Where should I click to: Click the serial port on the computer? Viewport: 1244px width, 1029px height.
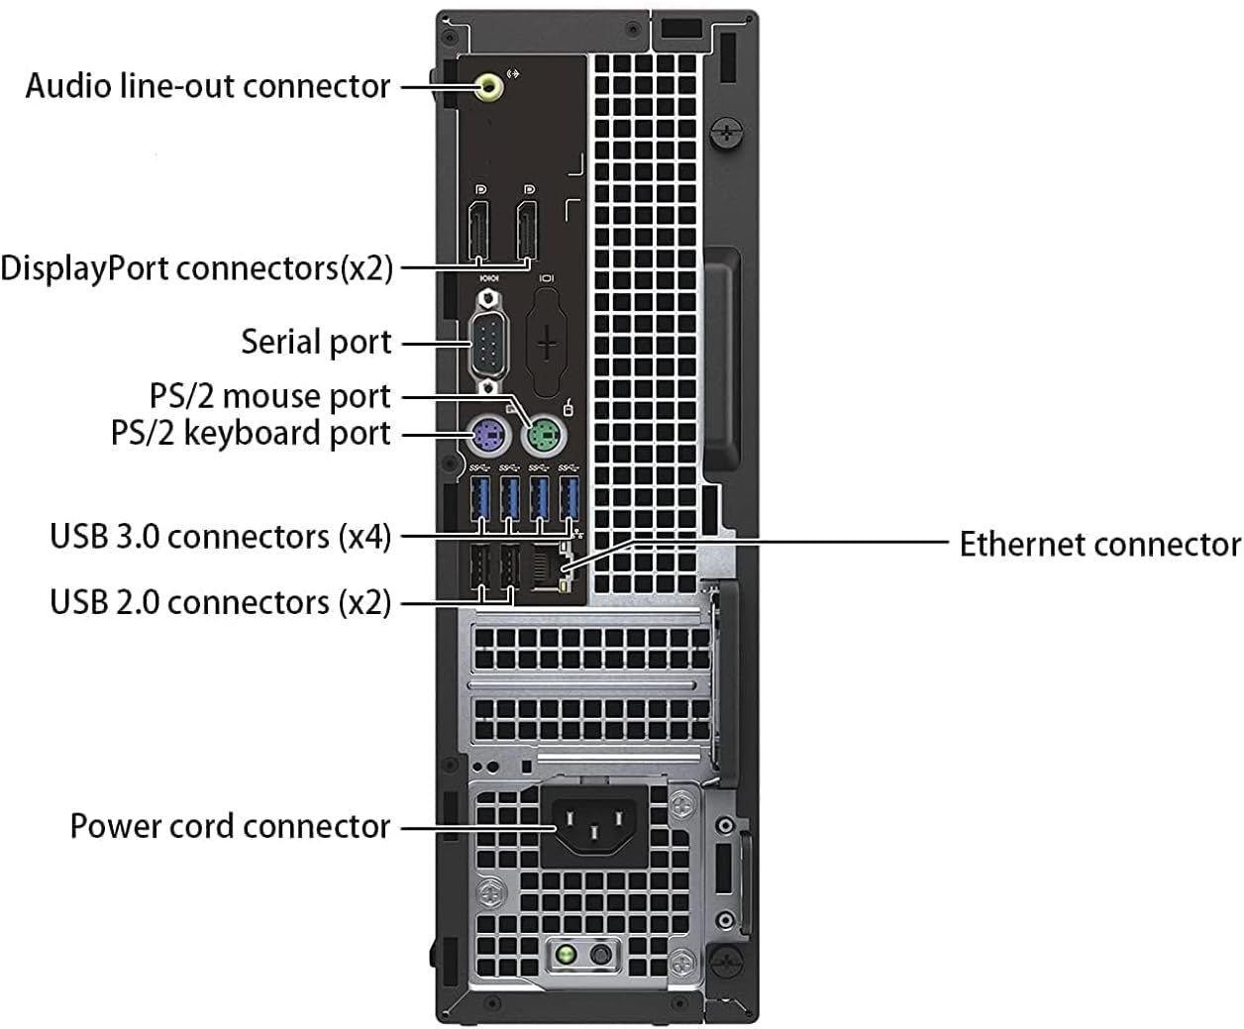click(x=488, y=342)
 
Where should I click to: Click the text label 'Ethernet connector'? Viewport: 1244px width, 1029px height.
click(x=1098, y=544)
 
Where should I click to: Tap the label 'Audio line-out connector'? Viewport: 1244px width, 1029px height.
click(x=208, y=86)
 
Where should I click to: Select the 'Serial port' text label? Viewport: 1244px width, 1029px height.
click(x=317, y=342)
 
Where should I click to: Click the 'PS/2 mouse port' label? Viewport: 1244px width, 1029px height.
click(x=270, y=396)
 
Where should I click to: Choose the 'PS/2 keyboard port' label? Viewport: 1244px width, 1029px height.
click(x=252, y=434)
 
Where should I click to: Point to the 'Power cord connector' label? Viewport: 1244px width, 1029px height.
click(x=230, y=826)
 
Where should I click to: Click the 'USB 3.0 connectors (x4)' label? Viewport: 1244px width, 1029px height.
click(x=221, y=537)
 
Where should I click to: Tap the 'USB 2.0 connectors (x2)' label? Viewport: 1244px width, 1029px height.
click(x=221, y=602)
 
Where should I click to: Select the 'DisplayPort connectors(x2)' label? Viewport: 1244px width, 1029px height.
click(x=197, y=267)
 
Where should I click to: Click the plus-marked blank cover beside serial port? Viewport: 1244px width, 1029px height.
click(x=547, y=347)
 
